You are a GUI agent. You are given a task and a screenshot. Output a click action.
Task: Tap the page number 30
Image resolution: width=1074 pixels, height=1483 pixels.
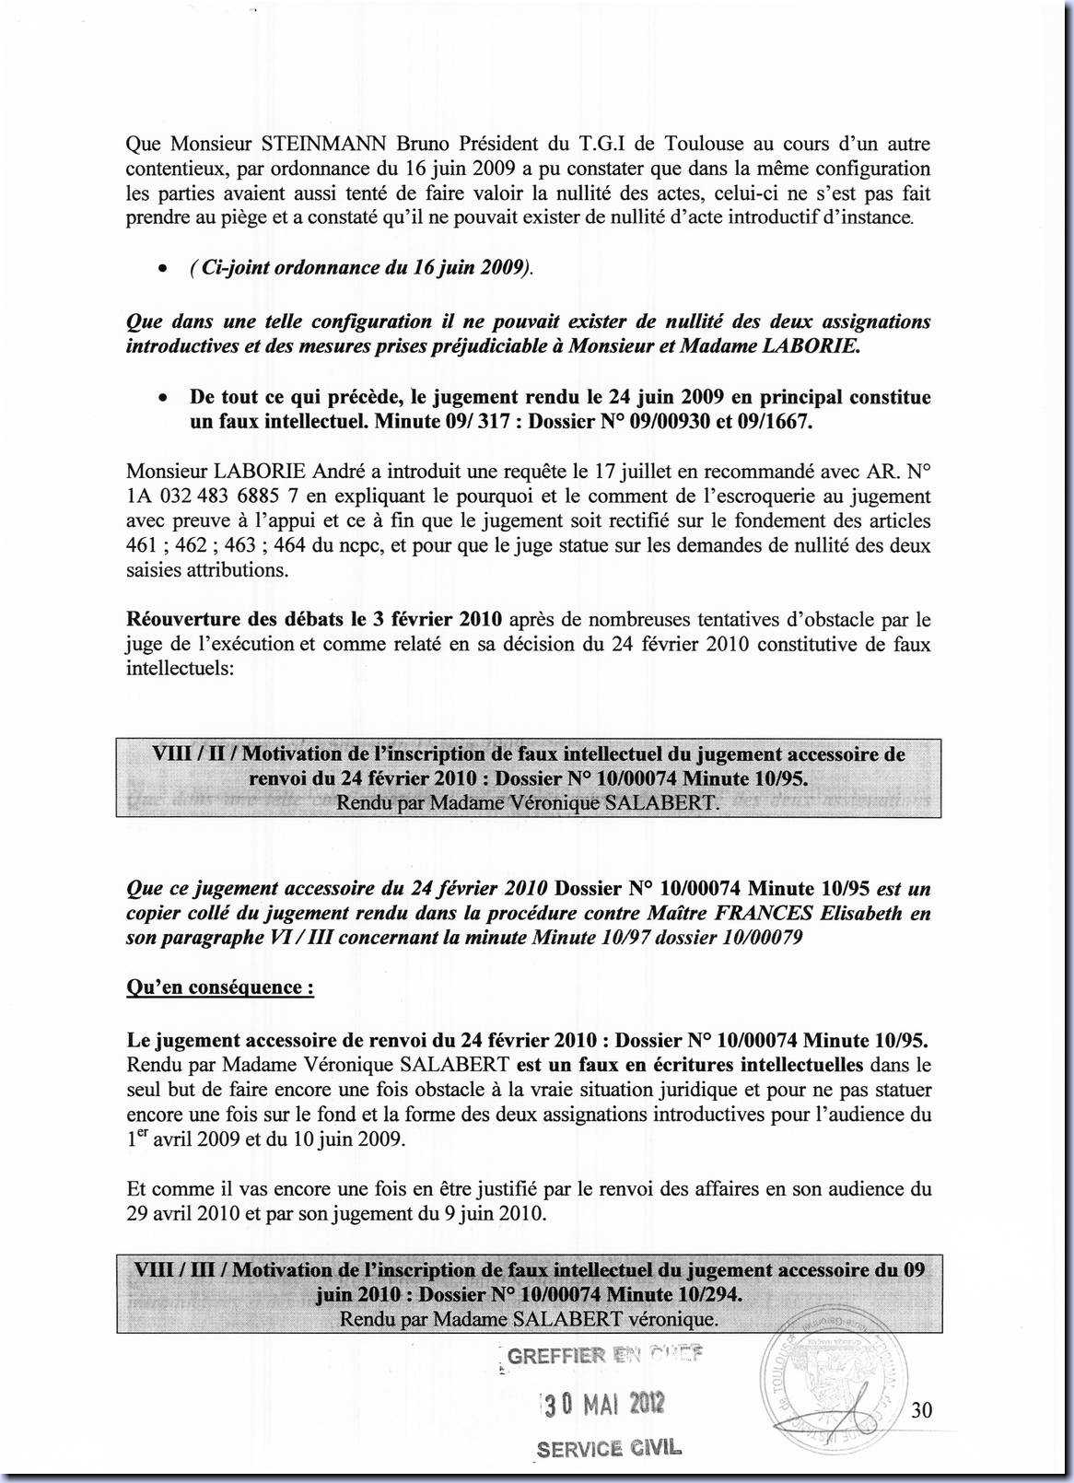(922, 1409)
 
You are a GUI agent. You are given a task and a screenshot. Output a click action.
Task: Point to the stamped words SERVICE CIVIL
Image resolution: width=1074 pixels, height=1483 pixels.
(609, 1448)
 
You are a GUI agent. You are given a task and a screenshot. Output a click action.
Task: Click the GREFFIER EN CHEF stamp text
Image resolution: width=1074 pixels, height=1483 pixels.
(603, 1355)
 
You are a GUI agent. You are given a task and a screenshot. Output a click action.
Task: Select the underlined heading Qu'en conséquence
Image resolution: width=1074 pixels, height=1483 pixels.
(220, 987)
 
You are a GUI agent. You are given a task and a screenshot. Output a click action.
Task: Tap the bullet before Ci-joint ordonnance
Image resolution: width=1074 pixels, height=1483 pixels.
(162, 270)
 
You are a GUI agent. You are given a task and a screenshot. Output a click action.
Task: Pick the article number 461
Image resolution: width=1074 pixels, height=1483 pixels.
(141, 545)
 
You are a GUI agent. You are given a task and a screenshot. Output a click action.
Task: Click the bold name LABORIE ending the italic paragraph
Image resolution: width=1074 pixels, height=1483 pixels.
(814, 346)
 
